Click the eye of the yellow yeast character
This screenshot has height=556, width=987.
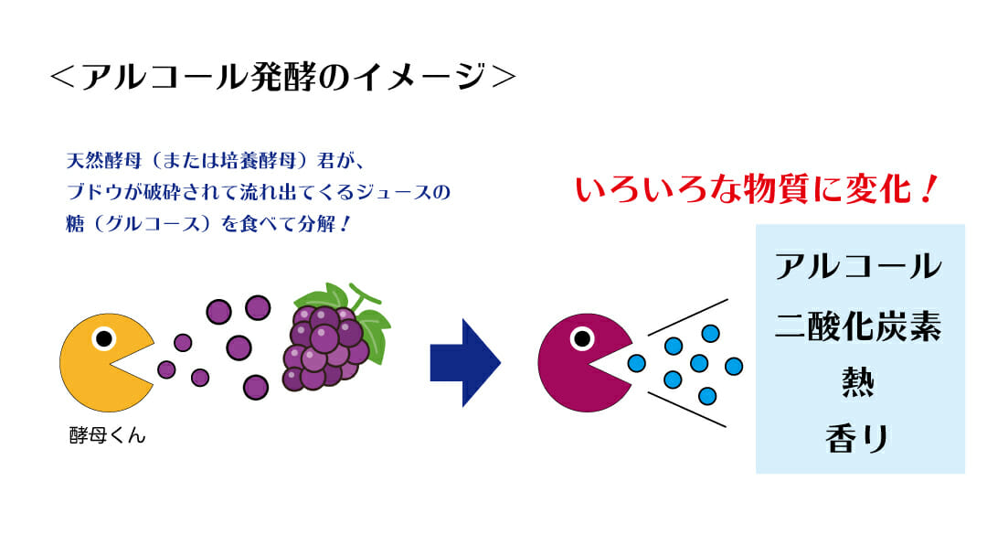coord(104,338)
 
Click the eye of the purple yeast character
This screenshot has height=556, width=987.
coord(582,338)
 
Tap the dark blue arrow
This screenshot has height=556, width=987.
coord(465,363)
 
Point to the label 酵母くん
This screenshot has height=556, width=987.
coord(108,435)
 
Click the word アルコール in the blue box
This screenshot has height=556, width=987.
coord(858,266)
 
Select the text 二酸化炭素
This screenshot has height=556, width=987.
coord(858,326)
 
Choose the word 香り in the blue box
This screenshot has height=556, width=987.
coord(857,438)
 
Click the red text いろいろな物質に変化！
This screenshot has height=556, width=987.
coord(756,189)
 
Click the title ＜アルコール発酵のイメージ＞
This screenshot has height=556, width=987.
coord(282,77)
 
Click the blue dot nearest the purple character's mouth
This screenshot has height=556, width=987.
coord(636,363)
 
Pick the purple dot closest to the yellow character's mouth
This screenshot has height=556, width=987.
coord(166,369)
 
